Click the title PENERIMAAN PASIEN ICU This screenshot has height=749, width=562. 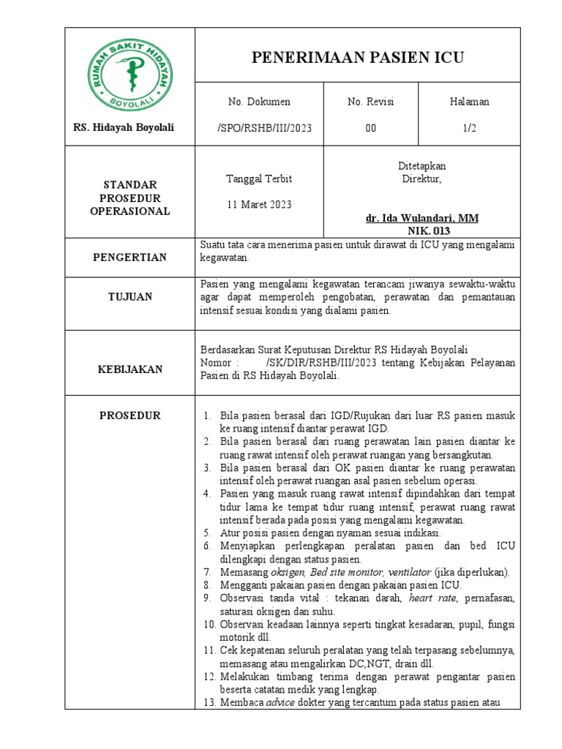(358, 58)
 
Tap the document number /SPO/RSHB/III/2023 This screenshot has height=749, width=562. (264, 127)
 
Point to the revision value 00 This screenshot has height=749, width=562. (370, 127)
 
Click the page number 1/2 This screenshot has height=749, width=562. (469, 127)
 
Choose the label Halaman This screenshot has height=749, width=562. (469, 102)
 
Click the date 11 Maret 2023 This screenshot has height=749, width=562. (259, 204)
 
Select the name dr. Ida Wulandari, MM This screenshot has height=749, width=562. (422, 219)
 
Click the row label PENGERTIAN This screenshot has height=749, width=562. (130, 257)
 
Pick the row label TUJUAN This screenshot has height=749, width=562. (130, 296)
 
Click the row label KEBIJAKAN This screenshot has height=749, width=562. (130, 370)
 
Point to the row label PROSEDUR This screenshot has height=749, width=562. (130, 415)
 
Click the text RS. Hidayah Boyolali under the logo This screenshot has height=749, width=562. (124, 127)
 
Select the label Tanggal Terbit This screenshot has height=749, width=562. (259, 178)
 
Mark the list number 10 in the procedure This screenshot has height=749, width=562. (208, 624)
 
